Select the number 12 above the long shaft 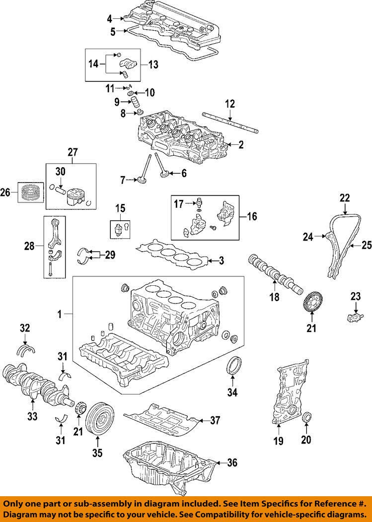(229, 104)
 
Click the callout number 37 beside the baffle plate (215, 421)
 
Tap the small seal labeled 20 (307, 416)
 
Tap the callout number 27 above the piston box (74, 152)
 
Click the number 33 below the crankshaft (32, 416)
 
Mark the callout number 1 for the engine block (60, 314)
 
